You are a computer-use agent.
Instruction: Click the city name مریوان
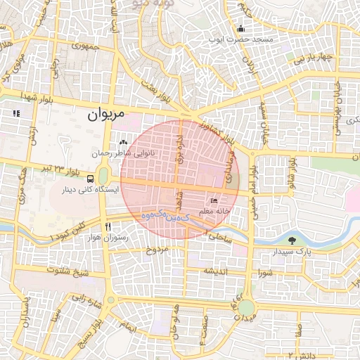coord(105,113)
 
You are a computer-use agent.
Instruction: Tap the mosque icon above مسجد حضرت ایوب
coord(240,29)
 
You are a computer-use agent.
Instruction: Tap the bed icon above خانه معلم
coord(214,201)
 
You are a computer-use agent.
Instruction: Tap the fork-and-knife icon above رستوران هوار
coord(108,227)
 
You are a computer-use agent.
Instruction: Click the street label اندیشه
coord(216,271)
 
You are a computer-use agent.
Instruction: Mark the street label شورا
coord(264,272)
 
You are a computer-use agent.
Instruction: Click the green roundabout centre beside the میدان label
coord(245,307)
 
